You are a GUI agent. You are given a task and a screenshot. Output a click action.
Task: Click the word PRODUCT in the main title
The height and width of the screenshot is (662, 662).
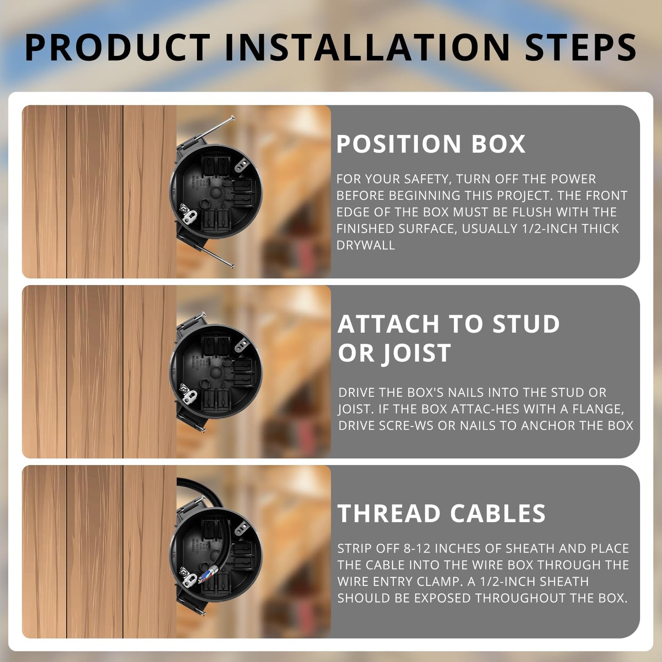coord(117,48)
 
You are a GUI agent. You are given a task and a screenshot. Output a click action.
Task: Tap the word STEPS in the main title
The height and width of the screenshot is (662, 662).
coord(580,48)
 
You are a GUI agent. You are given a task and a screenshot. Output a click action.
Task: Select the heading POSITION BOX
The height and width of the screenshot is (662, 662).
coord(430,144)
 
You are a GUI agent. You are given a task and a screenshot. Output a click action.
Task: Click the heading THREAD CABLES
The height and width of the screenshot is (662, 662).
coord(441,513)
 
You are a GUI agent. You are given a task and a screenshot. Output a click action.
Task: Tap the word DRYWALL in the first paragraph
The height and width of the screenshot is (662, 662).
coord(365,245)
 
